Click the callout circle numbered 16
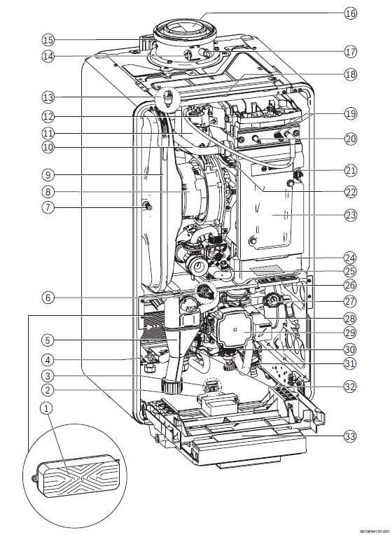click(349, 13)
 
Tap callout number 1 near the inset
click(48, 408)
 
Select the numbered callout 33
click(349, 436)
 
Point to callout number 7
click(48, 207)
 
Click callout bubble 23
click(349, 215)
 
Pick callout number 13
click(48, 97)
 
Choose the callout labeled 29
click(349, 333)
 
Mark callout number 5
click(48, 340)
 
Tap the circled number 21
click(349, 170)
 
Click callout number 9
click(48, 175)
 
